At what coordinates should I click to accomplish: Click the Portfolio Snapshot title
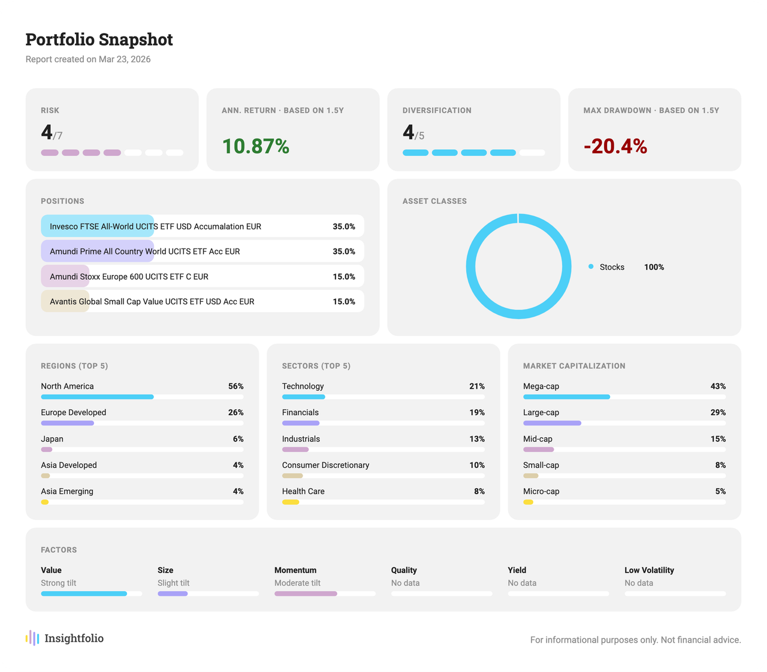[x=99, y=40]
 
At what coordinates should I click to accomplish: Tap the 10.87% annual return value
[x=255, y=146]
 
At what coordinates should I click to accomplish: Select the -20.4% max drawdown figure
[x=615, y=146]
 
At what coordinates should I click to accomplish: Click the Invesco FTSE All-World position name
[x=155, y=226]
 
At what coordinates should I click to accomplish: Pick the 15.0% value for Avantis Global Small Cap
[x=344, y=301]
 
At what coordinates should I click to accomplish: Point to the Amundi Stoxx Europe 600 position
[x=129, y=277]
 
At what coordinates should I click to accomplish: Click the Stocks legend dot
[x=591, y=267]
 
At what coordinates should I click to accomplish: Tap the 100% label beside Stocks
[x=654, y=267]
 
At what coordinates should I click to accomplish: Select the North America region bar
[x=97, y=397]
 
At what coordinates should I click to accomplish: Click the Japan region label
[x=52, y=439]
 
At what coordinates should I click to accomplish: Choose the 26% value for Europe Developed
[x=235, y=413]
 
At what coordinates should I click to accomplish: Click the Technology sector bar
[x=303, y=397]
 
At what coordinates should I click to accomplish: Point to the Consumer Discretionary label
[x=325, y=465]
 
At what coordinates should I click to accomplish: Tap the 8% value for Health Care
[x=479, y=491]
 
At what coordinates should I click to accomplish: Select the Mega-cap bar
[x=566, y=397]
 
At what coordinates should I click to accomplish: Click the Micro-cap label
[x=541, y=491]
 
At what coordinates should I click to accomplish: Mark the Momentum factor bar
[x=306, y=594]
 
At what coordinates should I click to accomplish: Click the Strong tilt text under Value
[x=58, y=583]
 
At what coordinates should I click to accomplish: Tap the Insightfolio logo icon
[x=33, y=638]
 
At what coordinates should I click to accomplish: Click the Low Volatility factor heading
[x=649, y=570]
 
